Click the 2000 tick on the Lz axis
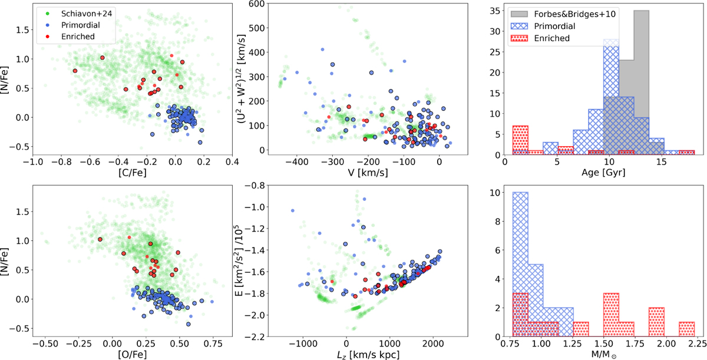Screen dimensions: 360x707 coord(432,342)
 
